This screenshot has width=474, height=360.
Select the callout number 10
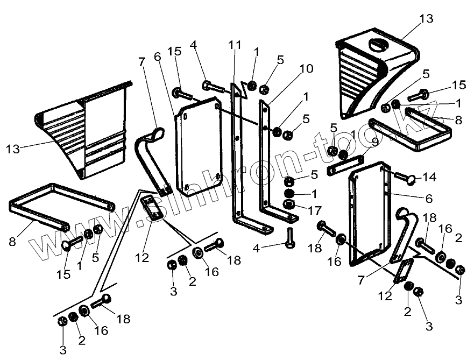click(x=306, y=69)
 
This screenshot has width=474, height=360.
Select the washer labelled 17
click(x=289, y=204)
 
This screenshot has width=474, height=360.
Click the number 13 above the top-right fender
click(x=426, y=18)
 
